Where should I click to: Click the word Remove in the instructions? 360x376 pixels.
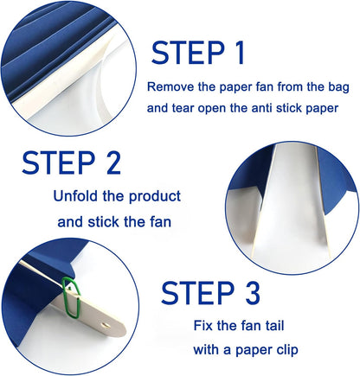[x=170, y=86]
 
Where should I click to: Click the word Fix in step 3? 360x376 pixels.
[x=202, y=326]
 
